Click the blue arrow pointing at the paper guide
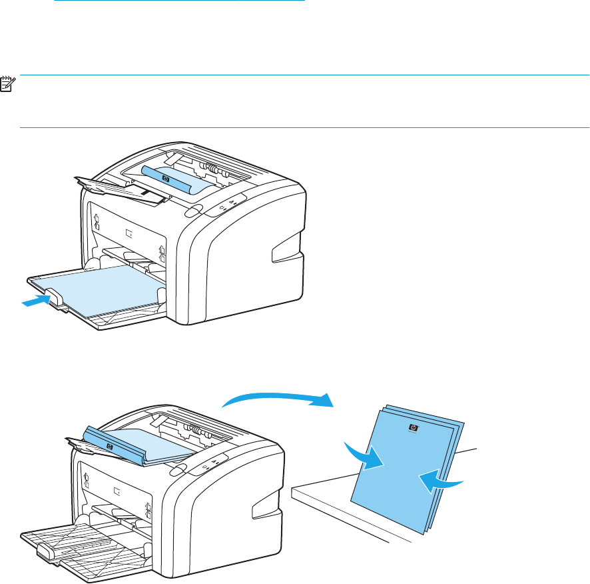pos(34,301)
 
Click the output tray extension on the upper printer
pos(120,186)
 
